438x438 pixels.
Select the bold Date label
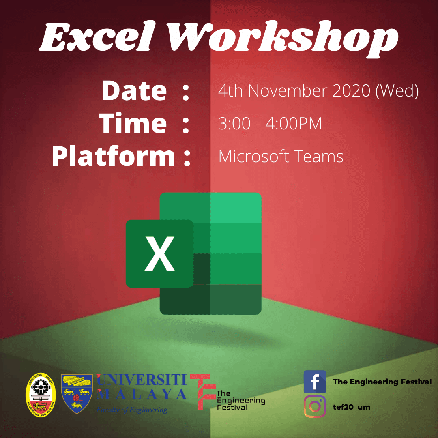pos(134,90)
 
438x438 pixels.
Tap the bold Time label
pos(133,123)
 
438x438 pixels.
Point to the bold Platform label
pos(114,157)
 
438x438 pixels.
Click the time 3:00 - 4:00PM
pos(270,124)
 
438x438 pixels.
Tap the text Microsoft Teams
pos(281,157)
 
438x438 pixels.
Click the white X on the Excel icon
pos(160,254)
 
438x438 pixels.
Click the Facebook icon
pos(315,382)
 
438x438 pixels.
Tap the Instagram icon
pos(315,406)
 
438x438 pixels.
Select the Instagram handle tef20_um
pos(351,407)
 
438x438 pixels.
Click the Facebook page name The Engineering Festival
pos(382,382)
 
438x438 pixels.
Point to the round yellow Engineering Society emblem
pos(41,393)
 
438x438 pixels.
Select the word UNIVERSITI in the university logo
pos(142,380)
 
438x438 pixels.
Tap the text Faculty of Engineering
pos(132,410)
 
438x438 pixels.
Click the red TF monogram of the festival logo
pos(201,391)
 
